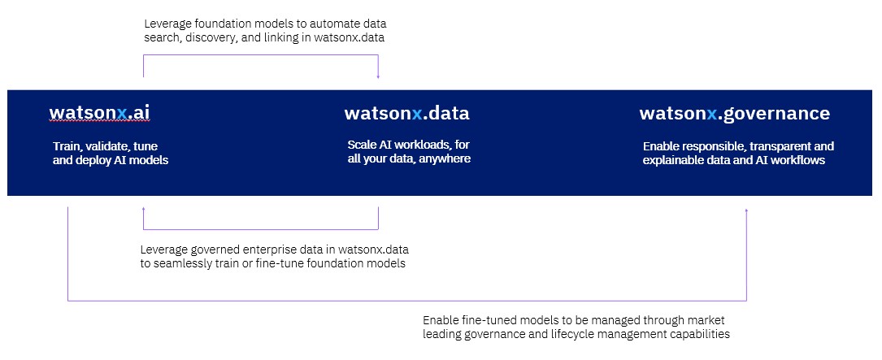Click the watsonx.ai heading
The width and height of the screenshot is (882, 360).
pos(99,113)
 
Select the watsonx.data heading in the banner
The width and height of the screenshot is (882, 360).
pos(406,113)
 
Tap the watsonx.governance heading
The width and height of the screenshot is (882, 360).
pos(735,113)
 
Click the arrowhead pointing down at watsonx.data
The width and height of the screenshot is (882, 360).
pos(378,76)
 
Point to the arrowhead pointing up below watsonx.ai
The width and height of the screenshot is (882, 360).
pos(143,209)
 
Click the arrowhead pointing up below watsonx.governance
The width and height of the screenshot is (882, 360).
pos(746,211)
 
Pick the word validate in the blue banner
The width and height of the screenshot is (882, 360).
pos(109,146)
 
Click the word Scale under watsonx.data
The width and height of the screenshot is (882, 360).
pos(361,145)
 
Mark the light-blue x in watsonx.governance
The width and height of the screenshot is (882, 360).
pos(712,114)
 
